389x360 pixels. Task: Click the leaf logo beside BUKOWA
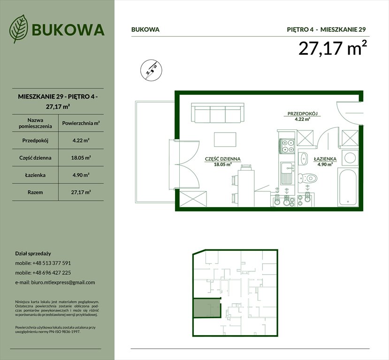pos(19,29)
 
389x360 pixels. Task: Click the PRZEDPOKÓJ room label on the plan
pos(303,114)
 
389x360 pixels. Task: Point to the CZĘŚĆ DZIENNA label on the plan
pos(223,159)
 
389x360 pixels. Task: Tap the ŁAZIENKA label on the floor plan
pos(325,159)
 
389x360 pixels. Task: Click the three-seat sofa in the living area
pos(218,113)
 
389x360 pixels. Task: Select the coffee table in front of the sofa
pos(224,139)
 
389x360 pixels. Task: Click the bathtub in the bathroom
pos(349,187)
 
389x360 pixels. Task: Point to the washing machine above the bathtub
pos(350,157)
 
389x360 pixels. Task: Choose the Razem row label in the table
pos(36,192)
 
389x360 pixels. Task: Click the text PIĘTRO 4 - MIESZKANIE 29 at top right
pos(326,29)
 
